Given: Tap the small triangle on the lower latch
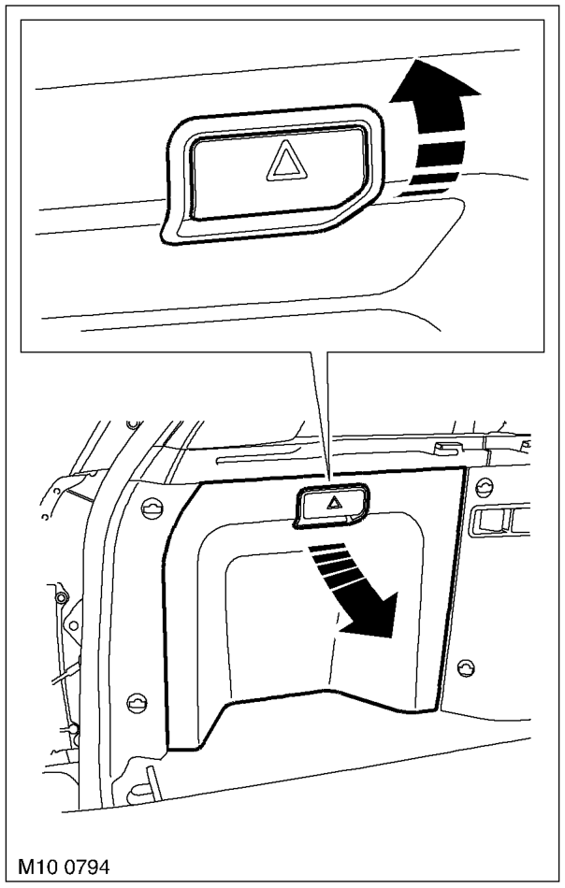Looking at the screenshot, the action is coord(334,501).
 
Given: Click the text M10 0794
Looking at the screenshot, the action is coord(64,867).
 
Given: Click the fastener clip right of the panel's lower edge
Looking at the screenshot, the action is coord(466,668).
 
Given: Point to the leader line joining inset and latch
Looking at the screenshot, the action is coord(320,419).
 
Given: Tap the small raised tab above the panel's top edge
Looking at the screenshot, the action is coord(446,448).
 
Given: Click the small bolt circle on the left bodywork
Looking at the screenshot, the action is coord(58,597).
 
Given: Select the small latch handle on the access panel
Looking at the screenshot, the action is coord(331,505).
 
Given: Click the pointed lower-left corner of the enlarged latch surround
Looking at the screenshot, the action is coord(163,240).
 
